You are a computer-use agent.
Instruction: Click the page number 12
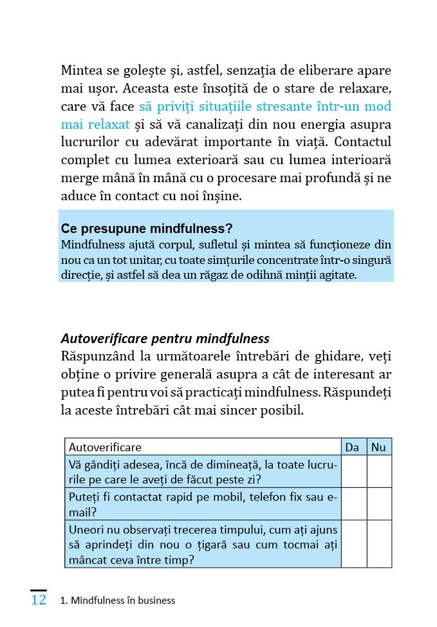tap(38, 600)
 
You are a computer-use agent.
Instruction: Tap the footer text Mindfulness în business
tap(122, 601)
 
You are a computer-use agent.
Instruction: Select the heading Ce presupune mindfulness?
tap(147, 229)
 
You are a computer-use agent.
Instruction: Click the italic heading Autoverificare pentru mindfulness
tap(165, 339)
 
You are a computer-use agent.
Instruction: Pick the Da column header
tap(353, 447)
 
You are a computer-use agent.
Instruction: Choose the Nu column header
tap(379, 447)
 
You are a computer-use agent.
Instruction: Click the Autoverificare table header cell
tap(105, 447)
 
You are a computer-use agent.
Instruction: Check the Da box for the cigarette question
tap(353, 544)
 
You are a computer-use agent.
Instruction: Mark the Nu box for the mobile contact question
tap(379, 503)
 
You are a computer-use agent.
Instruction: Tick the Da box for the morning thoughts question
tap(353, 471)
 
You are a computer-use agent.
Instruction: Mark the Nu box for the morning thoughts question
tap(379, 471)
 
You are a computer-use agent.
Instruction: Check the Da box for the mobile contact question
tap(353, 503)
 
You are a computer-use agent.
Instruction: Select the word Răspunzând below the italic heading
tap(98, 356)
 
